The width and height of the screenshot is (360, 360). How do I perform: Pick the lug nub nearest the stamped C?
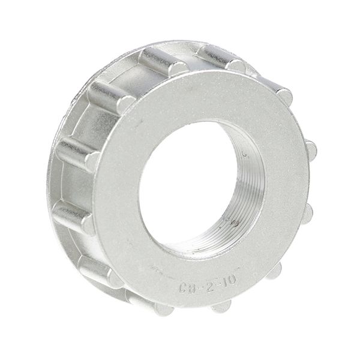pos(163,309)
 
